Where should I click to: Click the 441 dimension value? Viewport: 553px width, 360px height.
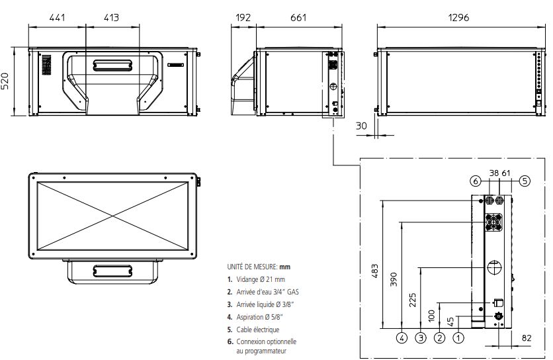[x=58, y=18]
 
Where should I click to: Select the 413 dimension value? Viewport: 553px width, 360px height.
[x=111, y=18]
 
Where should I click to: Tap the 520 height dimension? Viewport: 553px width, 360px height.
[x=9, y=81]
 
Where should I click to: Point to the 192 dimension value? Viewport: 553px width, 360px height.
[x=243, y=18]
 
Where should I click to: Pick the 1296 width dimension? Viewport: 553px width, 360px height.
[x=458, y=18]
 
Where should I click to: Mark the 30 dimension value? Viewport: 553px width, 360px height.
[x=361, y=126]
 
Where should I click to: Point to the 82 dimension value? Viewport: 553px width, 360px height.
[x=526, y=338]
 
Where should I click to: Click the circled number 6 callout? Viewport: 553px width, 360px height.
[x=474, y=180]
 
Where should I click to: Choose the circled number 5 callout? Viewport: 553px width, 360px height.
[x=524, y=180]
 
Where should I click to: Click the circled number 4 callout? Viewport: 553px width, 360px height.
[x=402, y=337]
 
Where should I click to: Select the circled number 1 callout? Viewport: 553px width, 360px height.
[x=458, y=337]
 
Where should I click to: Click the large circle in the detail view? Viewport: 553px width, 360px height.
[x=493, y=268]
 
